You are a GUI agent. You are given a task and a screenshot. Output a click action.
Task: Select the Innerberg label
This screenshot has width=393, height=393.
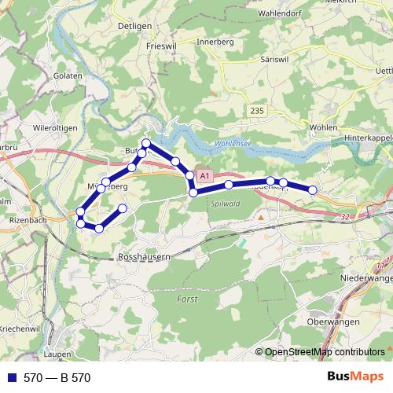(215, 42)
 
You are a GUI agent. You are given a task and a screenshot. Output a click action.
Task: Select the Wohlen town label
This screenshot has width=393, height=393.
(324, 127)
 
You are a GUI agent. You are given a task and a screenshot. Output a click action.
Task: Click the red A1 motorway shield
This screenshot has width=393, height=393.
(204, 177)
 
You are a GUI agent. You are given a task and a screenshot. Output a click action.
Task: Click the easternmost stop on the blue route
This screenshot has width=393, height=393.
(312, 189)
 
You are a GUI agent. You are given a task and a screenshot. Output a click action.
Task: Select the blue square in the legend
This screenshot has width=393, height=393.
(13, 377)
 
